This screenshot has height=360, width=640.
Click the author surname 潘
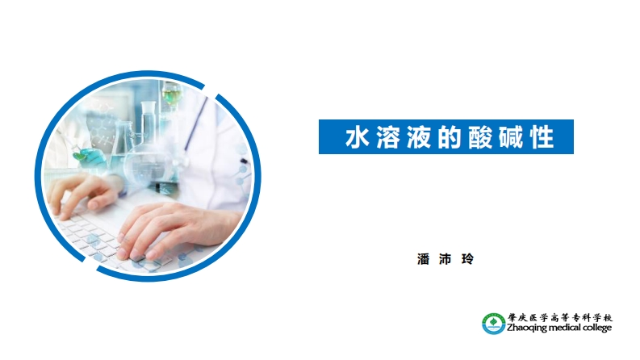pos(422,259)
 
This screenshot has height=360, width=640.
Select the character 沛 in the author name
pos(444,259)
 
